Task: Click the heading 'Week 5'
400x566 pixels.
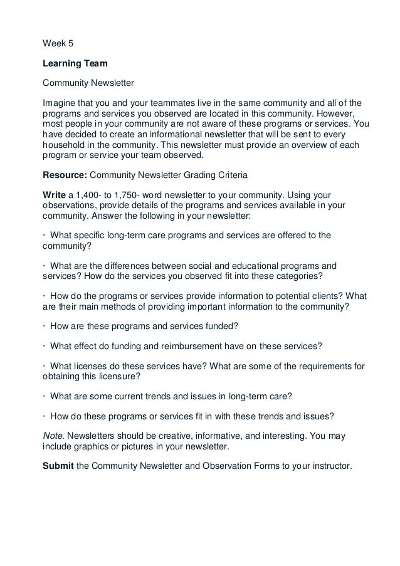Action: (56, 44)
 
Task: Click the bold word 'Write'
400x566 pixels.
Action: (54, 195)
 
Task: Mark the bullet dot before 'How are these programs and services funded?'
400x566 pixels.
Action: (44, 327)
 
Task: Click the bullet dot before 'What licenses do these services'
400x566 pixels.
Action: (44, 367)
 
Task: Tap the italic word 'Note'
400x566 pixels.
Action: (53, 436)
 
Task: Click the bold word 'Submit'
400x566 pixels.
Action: (58, 466)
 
